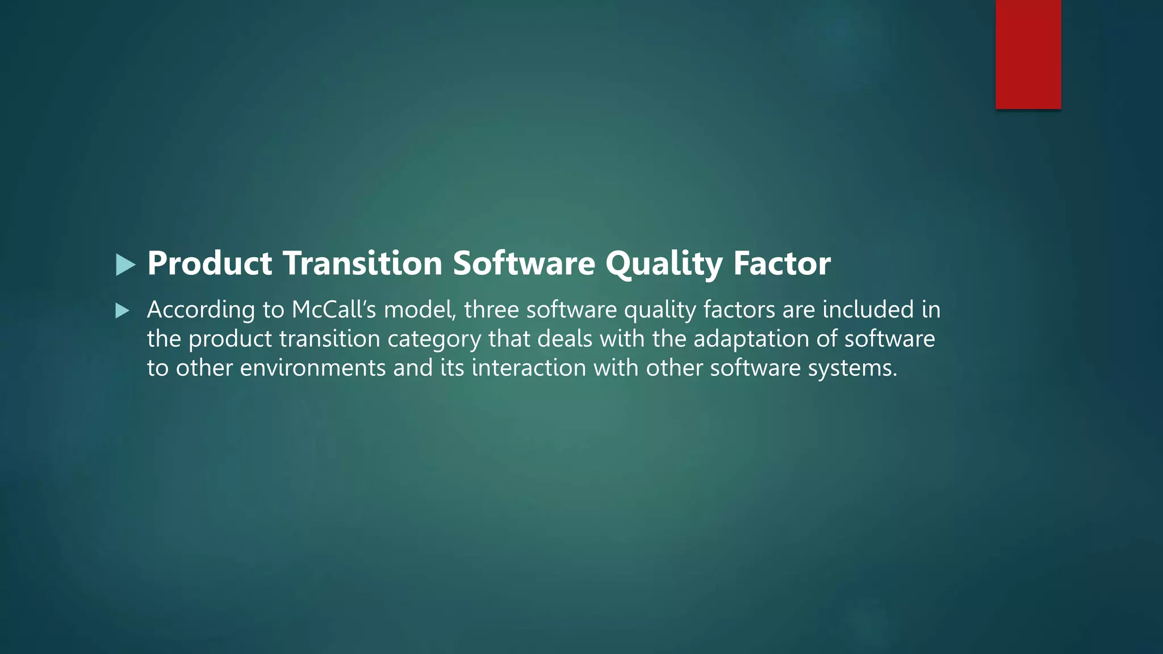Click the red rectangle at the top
pyautogui.click(x=1028, y=54)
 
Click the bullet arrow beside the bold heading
pyautogui.click(x=125, y=265)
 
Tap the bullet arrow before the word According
pyautogui.click(x=122, y=311)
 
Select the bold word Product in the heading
pyautogui.click(x=210, y=263)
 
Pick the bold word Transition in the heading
pyautogui.click(x=362, y=263)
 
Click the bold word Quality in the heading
pyautogui.click(x=663, y=263)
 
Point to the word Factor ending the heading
pyautogui.click(x=781, y=263)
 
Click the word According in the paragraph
pyautogui.click(x=201, y=310)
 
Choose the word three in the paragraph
pyautogui.click(x=491, y=310)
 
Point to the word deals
pyautogui.click(x=564, y=339)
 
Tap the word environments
pyautogui.click(x=313, y=368)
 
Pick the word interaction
pyautogui.click(x=529, y=368)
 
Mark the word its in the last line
pyautogui.click(x=453, y=368)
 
